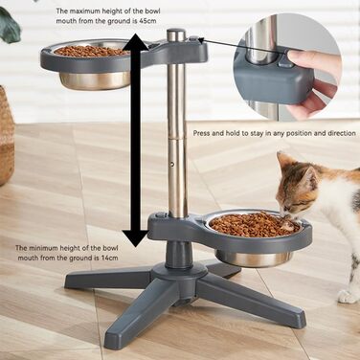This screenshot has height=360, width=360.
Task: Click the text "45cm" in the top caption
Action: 147,21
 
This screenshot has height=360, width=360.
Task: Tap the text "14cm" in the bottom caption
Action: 109,258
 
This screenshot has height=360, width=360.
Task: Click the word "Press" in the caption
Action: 201,133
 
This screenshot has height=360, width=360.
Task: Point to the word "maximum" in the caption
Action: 82,11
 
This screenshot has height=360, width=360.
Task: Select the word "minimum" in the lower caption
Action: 41,248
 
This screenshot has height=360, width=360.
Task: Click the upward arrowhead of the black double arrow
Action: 135,41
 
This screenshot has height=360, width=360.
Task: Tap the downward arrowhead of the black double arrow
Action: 136,236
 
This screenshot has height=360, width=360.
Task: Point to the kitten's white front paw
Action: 347,297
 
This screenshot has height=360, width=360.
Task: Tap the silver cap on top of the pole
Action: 176,34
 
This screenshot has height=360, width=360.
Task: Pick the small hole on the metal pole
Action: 172,164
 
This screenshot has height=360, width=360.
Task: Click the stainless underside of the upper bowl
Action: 95,80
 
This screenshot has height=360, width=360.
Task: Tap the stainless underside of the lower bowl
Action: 254,259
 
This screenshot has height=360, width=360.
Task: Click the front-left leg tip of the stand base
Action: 114,333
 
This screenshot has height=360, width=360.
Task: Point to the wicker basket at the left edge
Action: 7,135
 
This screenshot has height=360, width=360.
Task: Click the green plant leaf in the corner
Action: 9,26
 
